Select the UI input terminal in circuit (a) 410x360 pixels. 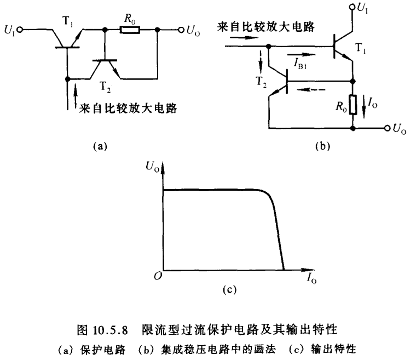click(x=20, y=31)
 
